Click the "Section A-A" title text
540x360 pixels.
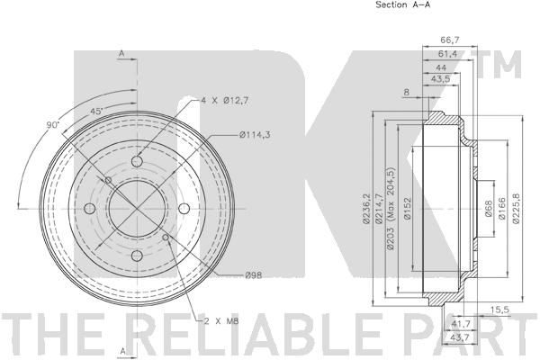402,4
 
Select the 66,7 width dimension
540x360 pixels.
450,40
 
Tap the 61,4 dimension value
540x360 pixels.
447,54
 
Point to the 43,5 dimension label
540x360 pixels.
441,79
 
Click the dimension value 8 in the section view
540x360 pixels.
407,92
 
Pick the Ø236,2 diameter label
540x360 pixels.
366,209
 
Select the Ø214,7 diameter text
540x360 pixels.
379,209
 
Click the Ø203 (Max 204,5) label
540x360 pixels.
391,209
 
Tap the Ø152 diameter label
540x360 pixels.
408,209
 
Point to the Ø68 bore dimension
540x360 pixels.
489,209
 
